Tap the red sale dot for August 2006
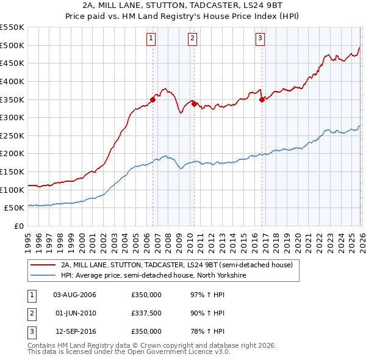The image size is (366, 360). [152, 99]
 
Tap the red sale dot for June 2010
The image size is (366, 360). [194, 104]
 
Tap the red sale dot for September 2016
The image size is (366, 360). [262, 99]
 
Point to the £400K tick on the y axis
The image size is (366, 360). [12, 81]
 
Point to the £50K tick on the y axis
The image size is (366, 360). [15, 208]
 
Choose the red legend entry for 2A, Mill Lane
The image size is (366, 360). [177, 265]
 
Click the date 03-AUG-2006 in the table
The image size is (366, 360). [74, 295]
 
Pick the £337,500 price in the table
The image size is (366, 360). [146, 313]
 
